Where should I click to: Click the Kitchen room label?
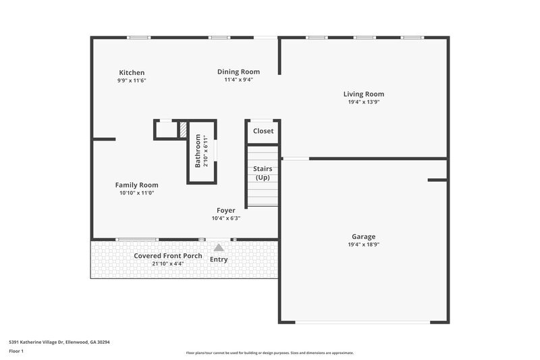(x=132, y=73)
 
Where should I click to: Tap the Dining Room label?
(x=238, y=72)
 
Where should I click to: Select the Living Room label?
(x=364, y=95)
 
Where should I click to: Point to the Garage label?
(x=364, y=237)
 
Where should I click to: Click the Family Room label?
(x=136, y=185)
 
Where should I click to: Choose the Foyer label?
(x=226, y=211)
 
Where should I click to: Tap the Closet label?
(x=263, y=131)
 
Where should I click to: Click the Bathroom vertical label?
(x=198, y=151)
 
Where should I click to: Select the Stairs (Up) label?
(x=263, y=173)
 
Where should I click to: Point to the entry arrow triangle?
(x=219, y=248)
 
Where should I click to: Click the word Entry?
(x=219, y=260)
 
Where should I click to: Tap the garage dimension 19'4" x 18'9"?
(x=364, y=245)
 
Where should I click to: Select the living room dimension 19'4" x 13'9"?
(x=364, y=103)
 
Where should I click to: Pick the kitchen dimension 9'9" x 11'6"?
(x=132, y=80)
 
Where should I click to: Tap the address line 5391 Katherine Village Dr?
(x=59, y=342)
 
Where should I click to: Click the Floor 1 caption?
(x=16, y=351)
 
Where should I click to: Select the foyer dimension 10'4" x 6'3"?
(x=226, y=218)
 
